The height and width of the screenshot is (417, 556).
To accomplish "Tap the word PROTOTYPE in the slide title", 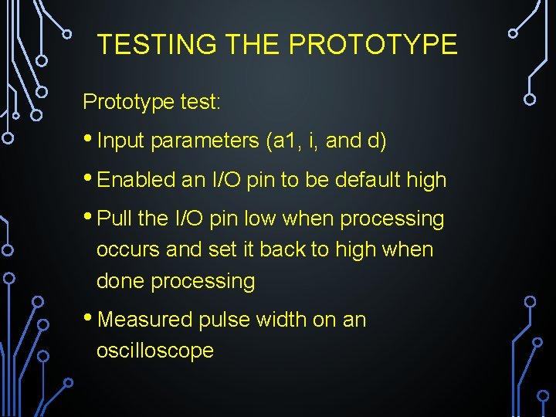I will coord(373,45).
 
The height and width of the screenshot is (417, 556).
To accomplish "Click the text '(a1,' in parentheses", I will coord(286,141).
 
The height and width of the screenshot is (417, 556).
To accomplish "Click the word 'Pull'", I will coord(115,219).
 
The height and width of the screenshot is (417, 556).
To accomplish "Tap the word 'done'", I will coord(120,281).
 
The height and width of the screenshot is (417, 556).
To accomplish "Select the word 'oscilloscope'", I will coord(154,351).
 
